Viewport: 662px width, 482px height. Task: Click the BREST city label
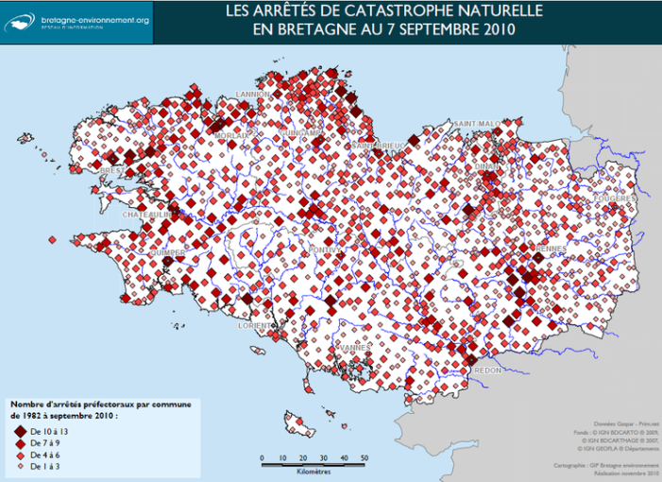pyautogui.click(x=112, y=171)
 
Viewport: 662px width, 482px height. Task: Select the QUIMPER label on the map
pyautogui.click(x=166, y=253)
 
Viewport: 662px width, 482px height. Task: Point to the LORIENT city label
pyautogui.click(x=256, y=325)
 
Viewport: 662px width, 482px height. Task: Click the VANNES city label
pyautogui.click(x=355, y=348)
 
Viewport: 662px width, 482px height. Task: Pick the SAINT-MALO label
pyautogui.click(x=477, y=124)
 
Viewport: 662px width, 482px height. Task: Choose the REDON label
pyautogui.click(x=489, y=370)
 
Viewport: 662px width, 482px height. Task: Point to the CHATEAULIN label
pyautogui.click(x=145, y=215)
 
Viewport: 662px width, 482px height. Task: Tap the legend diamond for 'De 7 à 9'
pyautogui.click(x=18, y=442)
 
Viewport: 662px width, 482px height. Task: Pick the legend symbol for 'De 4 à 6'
pyautogui.click(x=18, y=455)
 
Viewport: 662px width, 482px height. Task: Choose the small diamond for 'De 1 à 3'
pyautogui.click(x=18, y=466)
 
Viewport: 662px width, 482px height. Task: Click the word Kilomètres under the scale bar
pyautogui.click(x=314, y=470)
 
